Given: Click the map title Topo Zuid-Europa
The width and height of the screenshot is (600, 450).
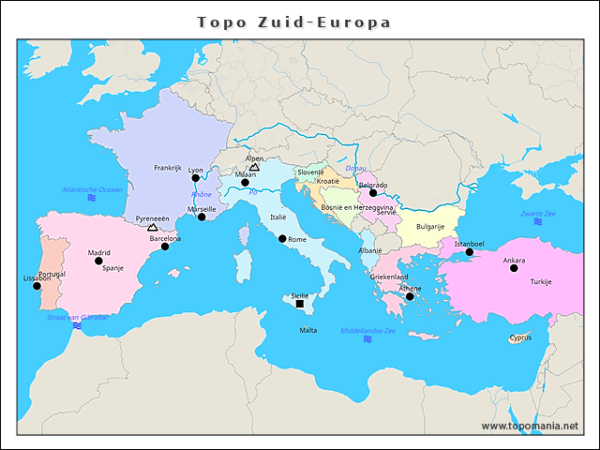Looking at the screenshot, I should [x=294, y=22].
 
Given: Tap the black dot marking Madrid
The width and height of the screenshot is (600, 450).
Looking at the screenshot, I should [x=98, y=262].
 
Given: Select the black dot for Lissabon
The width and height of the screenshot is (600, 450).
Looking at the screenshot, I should [x=37, y=286].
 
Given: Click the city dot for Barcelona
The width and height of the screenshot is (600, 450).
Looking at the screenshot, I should [x=166, y=247].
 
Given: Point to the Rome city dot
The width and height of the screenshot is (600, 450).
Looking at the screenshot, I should [x=282, y=239].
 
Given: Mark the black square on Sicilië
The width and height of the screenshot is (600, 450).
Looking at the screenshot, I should [x=299, y=304].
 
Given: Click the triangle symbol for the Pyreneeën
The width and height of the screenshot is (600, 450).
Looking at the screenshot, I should [x=153, y=227].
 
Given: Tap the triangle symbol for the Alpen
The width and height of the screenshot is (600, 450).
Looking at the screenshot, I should [x=254, y=167].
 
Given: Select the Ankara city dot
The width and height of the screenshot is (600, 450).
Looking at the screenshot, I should [x=514, y=268].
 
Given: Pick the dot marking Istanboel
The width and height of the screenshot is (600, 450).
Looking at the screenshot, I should [x=470, y=251].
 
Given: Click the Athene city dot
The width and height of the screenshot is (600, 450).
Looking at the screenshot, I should [x=410, y=296].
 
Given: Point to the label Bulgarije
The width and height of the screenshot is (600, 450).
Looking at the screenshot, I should [x=430, y=226].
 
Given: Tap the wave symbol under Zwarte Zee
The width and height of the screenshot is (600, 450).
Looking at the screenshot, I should [x=538, y=223].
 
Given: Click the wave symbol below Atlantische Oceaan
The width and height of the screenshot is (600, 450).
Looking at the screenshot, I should [x=92, y=198].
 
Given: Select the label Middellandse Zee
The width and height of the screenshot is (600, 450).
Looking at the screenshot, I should [x=367, y=330].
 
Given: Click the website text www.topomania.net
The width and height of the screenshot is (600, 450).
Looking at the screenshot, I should [x=530, y=426].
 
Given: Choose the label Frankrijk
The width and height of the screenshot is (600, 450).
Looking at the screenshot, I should [x=167, y=168].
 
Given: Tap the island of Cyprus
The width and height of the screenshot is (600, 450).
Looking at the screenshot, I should [x=517, y=338].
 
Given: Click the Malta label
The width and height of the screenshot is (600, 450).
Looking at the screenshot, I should [x=307, y=330].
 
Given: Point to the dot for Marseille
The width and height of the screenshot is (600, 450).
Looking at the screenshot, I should [x=202, y=217].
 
